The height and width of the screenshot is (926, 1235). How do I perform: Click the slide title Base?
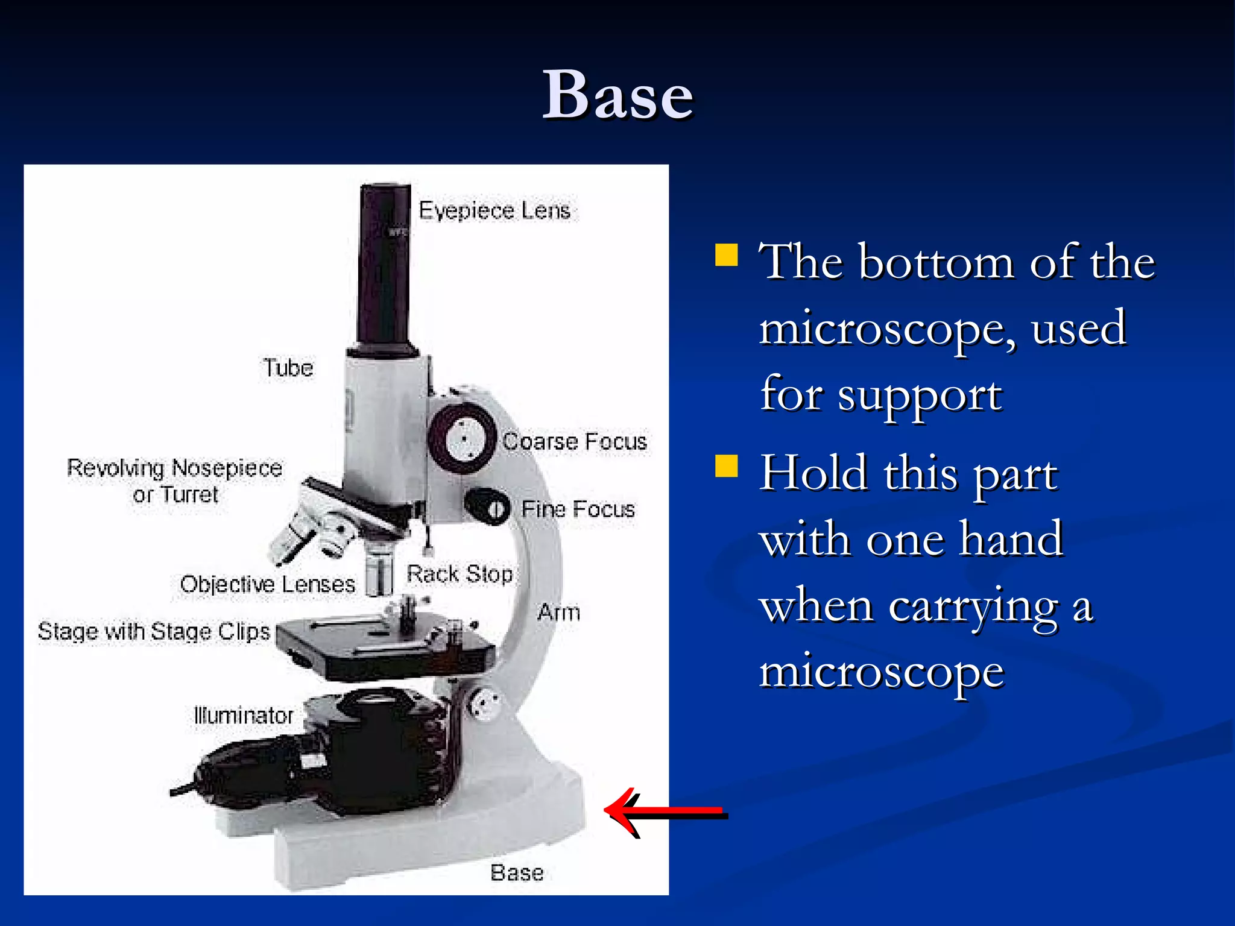pos(617,95)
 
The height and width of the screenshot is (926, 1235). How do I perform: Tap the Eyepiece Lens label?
pos(494,210)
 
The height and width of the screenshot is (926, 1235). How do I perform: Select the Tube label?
pos(288,368)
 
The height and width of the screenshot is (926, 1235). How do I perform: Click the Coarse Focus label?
pos(575,441)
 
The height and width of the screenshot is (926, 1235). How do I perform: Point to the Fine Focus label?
pos(578,509)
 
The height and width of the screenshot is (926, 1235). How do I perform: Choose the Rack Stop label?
pos(460,574)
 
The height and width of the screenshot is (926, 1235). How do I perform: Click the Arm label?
pos(558,612)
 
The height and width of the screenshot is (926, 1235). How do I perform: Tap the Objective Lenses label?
pos(267,584)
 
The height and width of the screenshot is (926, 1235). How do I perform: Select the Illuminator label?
pos(243,716)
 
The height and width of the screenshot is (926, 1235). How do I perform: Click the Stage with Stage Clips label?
pos(154,631)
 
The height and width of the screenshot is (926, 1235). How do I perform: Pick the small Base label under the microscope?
pos(517,872)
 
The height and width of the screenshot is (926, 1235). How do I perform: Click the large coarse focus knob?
pos(463,439)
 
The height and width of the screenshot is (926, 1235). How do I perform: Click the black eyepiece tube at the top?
pos(384,265)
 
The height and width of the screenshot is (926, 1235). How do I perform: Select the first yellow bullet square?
pos(726,254)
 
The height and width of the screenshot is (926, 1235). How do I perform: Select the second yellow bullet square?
pos(726,465)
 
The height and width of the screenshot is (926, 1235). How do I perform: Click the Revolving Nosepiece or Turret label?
pos(174,481)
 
